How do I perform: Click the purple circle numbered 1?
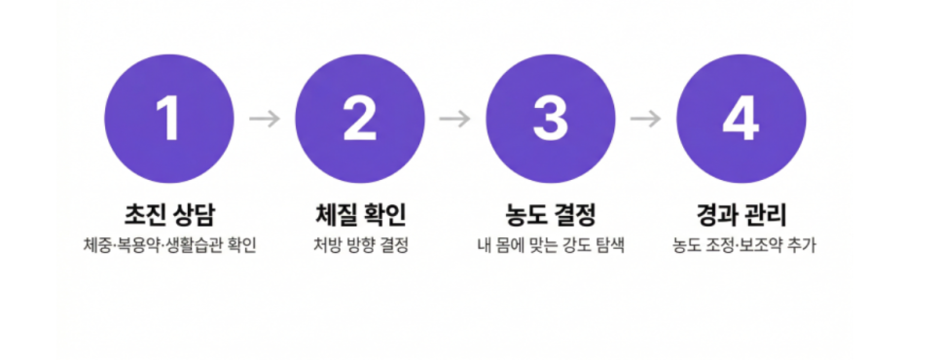click(169, 119)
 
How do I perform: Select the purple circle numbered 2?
click(360, 119)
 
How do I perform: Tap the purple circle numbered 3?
click(551, 119)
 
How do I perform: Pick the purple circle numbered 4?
click(741, 119)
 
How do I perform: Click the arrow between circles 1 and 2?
click(265, 119)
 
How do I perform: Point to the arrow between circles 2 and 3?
click(455, 119)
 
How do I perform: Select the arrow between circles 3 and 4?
click(646, 119)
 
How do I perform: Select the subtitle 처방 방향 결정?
click(360, 245)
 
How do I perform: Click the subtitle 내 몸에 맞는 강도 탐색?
click(551, 245)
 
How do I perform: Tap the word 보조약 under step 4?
click(767, 245)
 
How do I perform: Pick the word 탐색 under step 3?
click(612, 245)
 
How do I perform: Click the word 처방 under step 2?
click(326, 245)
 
